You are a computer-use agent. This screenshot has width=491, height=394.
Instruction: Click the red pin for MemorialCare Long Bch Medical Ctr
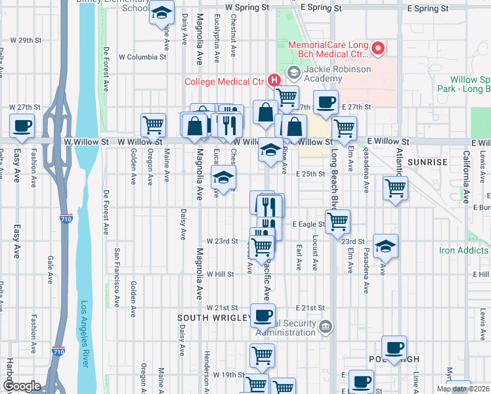[377, 48]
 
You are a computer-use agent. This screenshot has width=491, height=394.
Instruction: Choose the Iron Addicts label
[464, 250]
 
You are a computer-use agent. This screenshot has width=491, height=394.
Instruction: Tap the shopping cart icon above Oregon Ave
[153, 123]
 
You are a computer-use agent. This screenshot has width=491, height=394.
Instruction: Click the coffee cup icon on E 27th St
[326, 102]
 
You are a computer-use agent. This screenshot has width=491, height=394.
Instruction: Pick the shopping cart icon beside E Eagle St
[337, 221]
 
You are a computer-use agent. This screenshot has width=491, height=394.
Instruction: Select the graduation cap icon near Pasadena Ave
[385, 246]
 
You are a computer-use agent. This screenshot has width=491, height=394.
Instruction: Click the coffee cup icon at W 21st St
[263, 315]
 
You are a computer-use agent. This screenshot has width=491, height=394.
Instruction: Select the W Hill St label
[220, 274]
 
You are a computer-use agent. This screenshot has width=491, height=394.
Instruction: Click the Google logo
[21, 386]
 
